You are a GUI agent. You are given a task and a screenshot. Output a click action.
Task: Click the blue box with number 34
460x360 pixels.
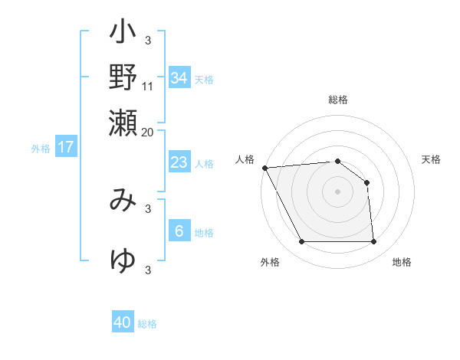[179, 78]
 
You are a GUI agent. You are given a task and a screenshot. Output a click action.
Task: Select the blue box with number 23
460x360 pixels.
[179, 162]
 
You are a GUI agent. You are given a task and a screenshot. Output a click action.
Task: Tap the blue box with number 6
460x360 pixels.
[179, 231]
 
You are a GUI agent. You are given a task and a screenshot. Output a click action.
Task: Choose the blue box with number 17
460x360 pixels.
[66, 147]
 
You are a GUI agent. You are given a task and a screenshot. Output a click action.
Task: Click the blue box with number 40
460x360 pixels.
[123, 322]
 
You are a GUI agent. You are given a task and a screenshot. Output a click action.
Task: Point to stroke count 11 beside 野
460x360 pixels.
[148, 86]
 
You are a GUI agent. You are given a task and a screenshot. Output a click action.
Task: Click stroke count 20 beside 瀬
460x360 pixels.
[148, 132]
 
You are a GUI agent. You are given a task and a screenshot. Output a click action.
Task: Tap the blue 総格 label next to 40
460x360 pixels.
[147, 324]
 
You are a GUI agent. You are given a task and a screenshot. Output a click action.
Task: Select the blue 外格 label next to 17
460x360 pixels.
[41, 149]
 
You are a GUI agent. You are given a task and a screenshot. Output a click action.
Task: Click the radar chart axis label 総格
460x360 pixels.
[338, 100]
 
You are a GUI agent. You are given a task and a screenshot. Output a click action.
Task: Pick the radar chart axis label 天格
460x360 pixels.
[431, 159]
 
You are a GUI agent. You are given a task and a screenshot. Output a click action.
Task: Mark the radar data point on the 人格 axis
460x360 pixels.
[264, 168]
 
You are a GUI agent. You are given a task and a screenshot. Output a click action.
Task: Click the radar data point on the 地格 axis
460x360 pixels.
[374, 242]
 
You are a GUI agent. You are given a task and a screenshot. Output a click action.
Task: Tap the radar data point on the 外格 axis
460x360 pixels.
[301, 242]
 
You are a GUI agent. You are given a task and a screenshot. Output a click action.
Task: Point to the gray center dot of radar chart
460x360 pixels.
[338, 191]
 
